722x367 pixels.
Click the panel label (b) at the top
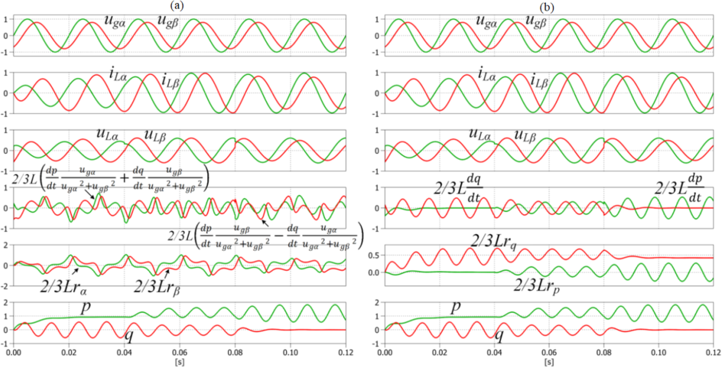546,7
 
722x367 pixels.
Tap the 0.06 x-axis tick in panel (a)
179,352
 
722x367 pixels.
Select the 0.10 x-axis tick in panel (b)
659,352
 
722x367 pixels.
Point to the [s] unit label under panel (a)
179,362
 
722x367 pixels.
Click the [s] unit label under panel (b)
549,362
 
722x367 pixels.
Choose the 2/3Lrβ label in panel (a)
156,287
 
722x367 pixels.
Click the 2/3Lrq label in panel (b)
494,241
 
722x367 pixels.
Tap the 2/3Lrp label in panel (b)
536,285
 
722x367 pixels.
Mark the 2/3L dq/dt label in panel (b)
458,187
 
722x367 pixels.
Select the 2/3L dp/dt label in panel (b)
679,187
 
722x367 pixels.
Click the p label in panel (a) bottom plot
86,307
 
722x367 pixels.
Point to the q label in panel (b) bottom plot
499,336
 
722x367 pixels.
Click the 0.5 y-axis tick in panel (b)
374,256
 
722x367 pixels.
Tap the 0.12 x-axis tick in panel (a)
346,352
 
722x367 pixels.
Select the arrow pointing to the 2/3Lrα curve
75,271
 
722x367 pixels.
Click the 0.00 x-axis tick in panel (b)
385,352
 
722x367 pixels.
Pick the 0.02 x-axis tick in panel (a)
69,352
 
